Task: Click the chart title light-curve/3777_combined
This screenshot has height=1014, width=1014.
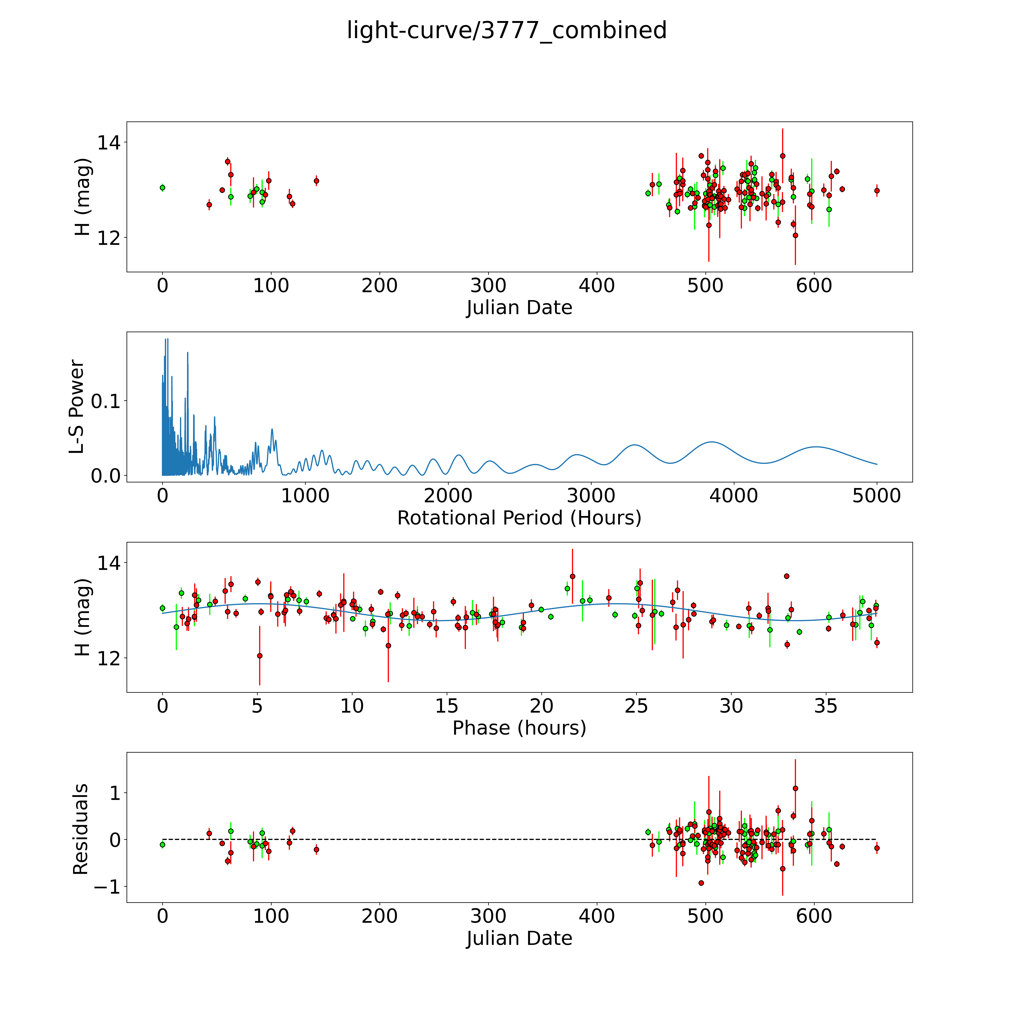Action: point(506,30)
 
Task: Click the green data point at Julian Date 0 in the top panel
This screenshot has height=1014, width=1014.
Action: point(163,187)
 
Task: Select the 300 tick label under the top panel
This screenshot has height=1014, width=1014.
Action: point(488,286)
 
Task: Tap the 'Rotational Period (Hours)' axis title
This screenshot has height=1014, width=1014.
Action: point(519,518)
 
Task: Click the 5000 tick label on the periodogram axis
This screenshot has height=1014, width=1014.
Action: point(877,496)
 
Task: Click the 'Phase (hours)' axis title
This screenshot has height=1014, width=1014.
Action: point(519,728)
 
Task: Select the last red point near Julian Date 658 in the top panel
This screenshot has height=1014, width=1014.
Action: point(877,191)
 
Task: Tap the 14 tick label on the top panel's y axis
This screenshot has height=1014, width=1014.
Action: point(109,143)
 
